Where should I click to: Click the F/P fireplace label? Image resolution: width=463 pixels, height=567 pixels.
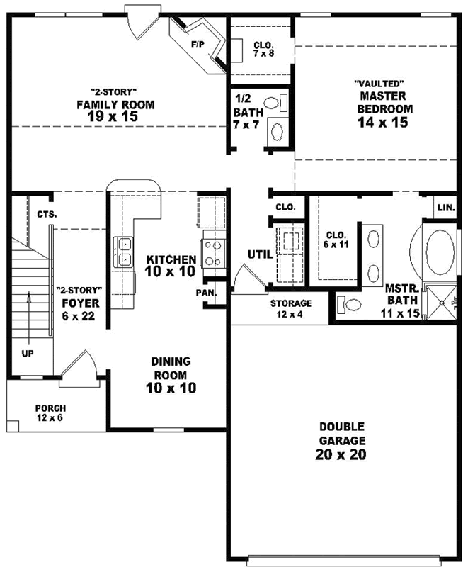(x=197, y=44)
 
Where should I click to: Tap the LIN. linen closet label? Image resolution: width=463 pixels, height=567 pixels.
(x=445, y=208)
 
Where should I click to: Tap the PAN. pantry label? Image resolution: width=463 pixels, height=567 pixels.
(x=206, y=292)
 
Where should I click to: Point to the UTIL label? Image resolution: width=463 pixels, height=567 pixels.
(x=258, y=254)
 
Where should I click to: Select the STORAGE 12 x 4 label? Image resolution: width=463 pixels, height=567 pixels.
(x=291, y=308)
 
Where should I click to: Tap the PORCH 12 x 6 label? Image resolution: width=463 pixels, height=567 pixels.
(x=50, y=413)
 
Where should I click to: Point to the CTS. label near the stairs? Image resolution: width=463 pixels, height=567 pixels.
(x=47, y=214)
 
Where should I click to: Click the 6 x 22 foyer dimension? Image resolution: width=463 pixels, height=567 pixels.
(x=79, y=316)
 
